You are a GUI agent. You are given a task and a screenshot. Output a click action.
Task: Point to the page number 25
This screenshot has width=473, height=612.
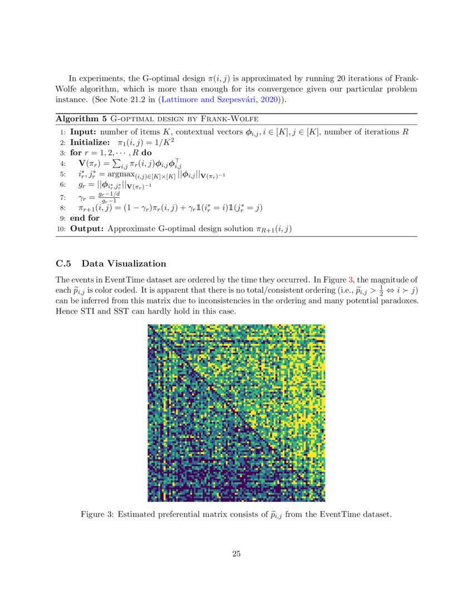click(x=236, y=554)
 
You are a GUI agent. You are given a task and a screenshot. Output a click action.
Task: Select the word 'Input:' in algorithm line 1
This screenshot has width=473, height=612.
click(x=82, y=132)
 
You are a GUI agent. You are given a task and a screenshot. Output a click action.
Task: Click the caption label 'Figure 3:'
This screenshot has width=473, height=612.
click(x=97, y=514)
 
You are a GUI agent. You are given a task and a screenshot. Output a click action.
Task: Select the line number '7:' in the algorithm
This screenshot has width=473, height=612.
click(x=63, y=198)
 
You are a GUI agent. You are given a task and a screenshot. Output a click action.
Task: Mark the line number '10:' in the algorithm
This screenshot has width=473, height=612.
click(x=61, y=229)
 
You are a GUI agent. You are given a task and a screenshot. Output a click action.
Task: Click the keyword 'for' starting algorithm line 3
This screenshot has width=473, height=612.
click(x=77, y=153)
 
